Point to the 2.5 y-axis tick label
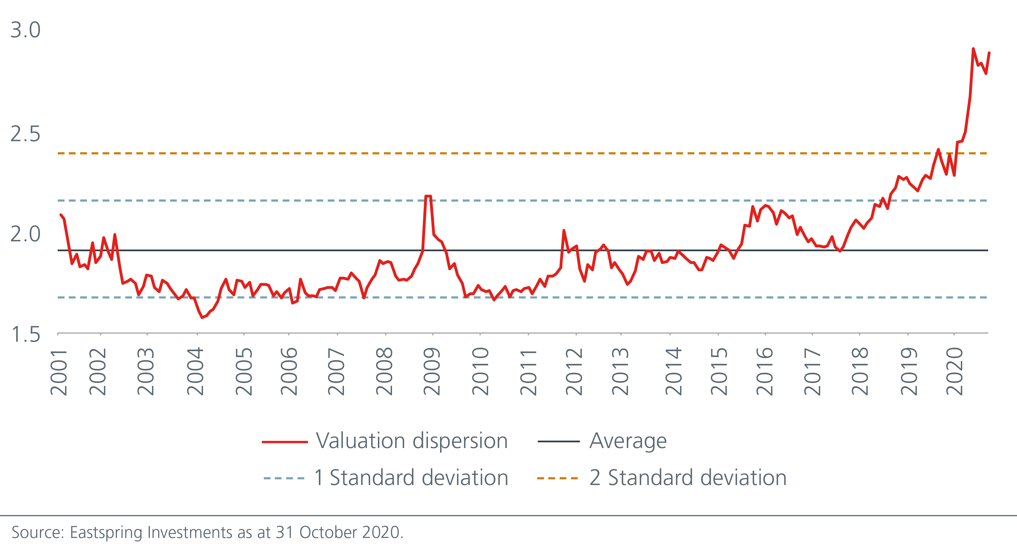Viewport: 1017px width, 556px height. click(25, 134)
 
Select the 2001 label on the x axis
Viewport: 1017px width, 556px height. click(59, 372)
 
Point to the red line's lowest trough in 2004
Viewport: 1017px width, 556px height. click(202, 317)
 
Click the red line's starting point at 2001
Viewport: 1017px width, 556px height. click(60, 215)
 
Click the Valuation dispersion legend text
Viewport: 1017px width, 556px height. click(411, 441)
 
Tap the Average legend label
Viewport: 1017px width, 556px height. click(628, 441)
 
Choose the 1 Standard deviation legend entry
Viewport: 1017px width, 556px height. click(411, 478)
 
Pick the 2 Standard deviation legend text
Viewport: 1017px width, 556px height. click(688, 478)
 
